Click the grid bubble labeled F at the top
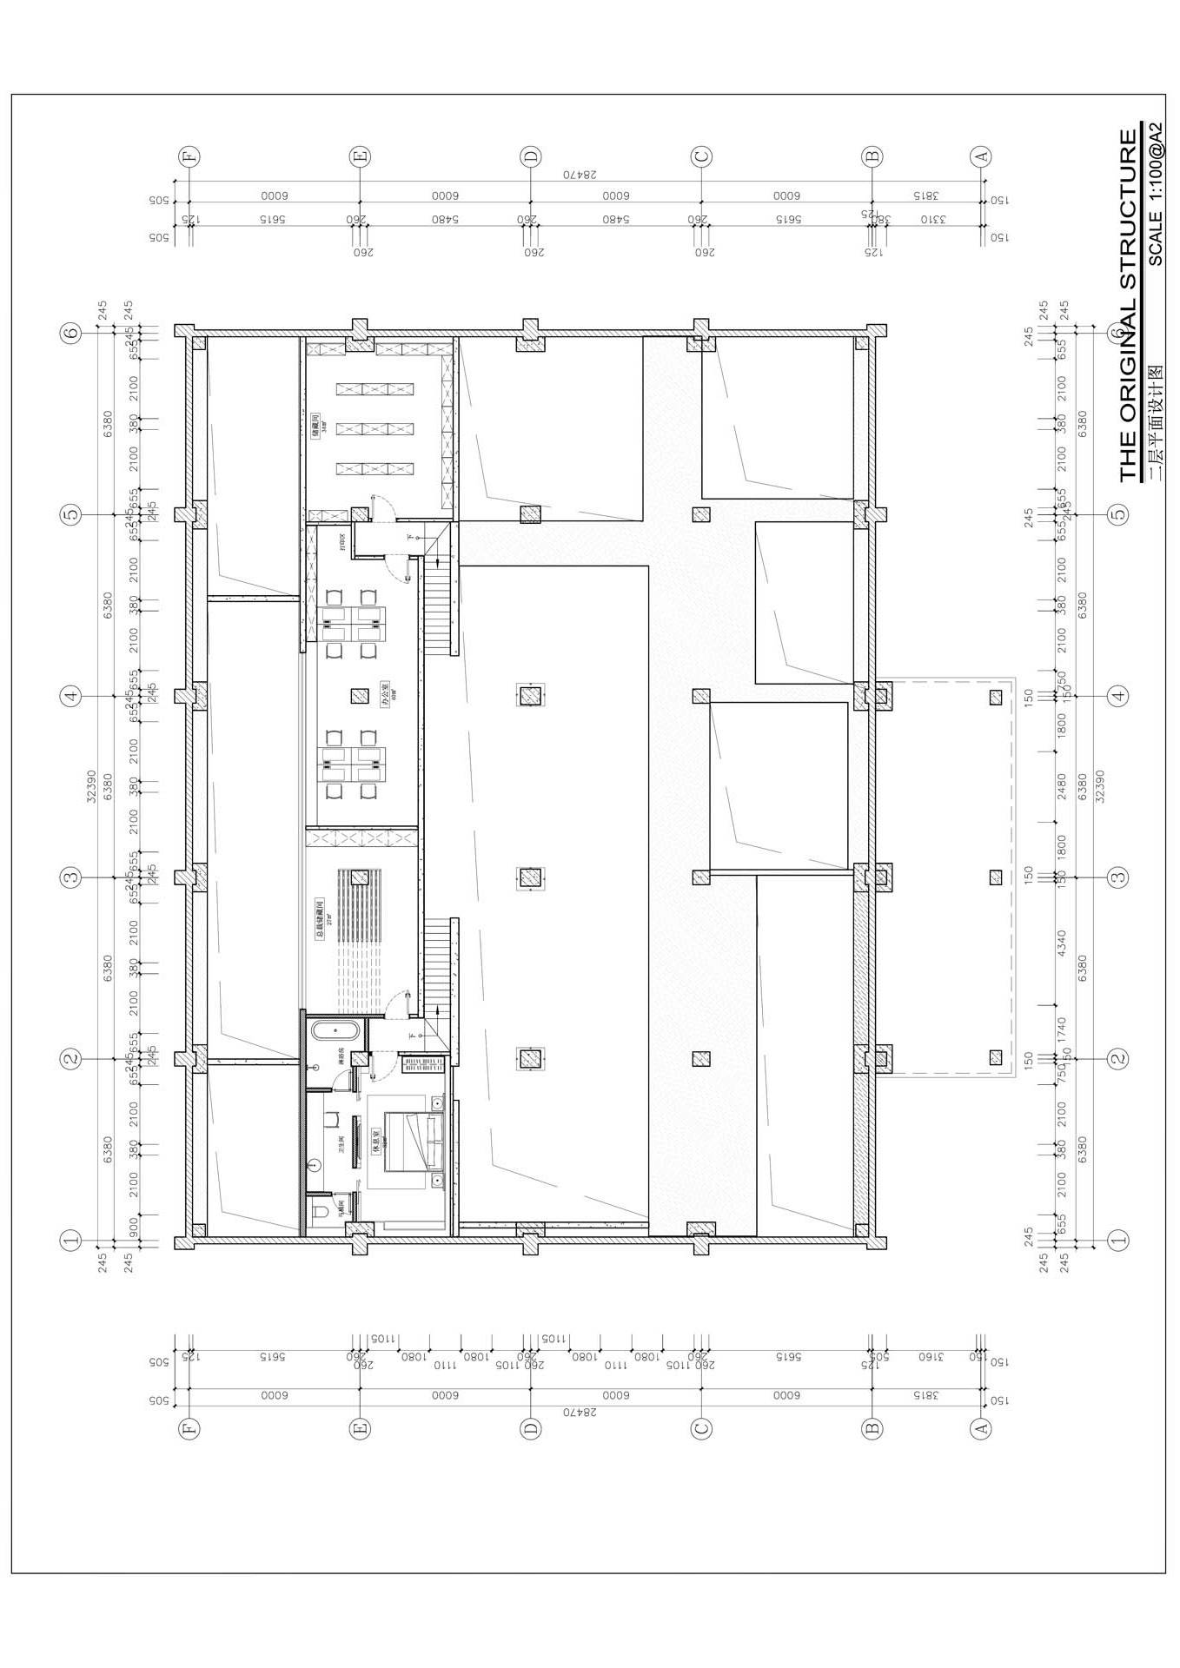pyautogui.click(x=189, y=157)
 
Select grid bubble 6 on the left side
pyautogui.click(x=70, y=332)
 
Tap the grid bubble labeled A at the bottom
pyautogui.click(x=980, y=1427)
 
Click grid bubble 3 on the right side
pyautogui.click(x=1118, y=877)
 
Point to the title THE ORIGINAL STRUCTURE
pyautogui.click(x=1127, y=305)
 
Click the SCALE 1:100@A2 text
pyautogui.click(x=1156, y=194)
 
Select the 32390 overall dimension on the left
pyautogui.click(x=92, y=786)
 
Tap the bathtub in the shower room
pyautogui.click(x=335, y=1032)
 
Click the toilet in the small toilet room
pyautogui.click(x=318, y=1211)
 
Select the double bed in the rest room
pyautogui.click(x=414, y=1140)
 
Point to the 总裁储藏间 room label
pyautogui.click(x=319, y=921)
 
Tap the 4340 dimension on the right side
pyautogui.click(x=1061, y=945)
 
